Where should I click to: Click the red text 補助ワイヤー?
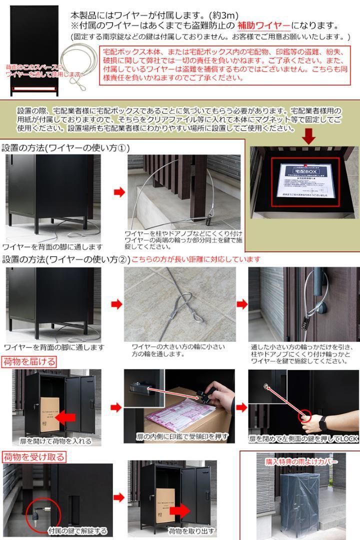click(x=263, y=26)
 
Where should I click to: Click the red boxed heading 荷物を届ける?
click(x=29, y=361)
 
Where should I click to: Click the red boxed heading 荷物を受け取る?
click(x=34, y=456)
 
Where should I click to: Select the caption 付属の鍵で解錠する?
click(x=78, y=531)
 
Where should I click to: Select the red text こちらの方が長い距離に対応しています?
click(x=196, y=259)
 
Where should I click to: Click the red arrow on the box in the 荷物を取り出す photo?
click(x=185, y=509)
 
